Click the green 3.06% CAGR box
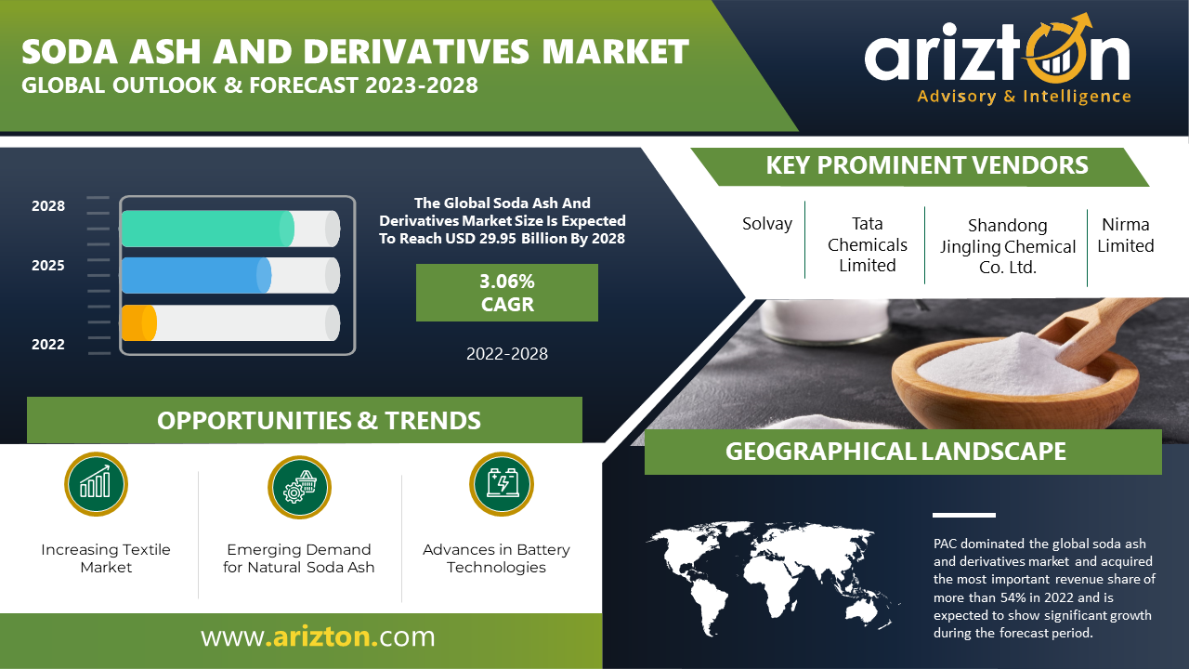(x=507, y=293)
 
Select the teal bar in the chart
(x=207, y=229)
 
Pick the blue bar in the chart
(x=196, y=276)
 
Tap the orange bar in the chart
(x=139, y=322)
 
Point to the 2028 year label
(x=47, y=206)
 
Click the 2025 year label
(x=47, y=266)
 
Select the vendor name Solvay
(x=767, y=224)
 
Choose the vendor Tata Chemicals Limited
(x=868, y=244)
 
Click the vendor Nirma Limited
(x=1126, y=235)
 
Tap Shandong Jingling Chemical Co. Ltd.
(x=1008, y=246)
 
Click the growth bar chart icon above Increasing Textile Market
(x=96, y=484)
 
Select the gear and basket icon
(x=299, y=488)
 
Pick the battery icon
(x=502, y=484)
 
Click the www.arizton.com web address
(x=318, y=636)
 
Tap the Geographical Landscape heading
(x=895, y=452)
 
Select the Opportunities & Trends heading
(x=319, y=421)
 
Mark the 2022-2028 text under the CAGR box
(x=507, y=354)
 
